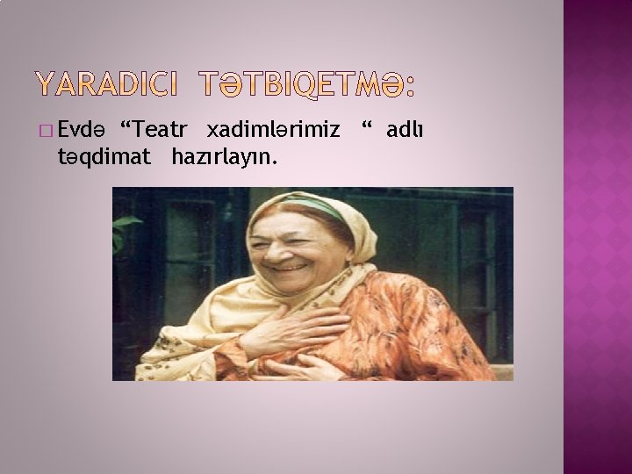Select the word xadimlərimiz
click(273, 130)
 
